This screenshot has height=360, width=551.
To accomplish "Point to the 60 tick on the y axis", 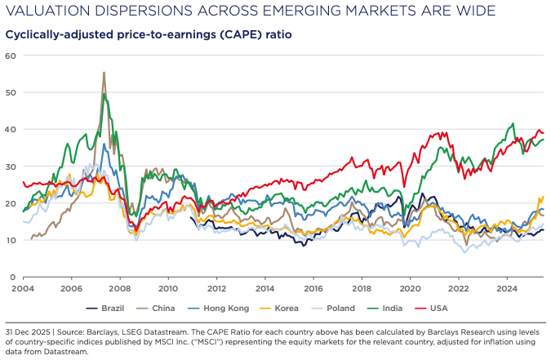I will point(11,56).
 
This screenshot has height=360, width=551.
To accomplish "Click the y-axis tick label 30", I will point(11,167).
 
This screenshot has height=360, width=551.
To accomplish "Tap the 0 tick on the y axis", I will point(14,278).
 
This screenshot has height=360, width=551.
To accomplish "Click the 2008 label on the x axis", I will point(120,288).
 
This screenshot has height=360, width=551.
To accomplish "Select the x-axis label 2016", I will point(313,288).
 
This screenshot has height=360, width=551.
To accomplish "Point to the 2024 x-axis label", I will point(507,288).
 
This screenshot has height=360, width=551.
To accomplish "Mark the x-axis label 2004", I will point(23,288).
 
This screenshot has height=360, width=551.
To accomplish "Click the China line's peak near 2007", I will point(104,73).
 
